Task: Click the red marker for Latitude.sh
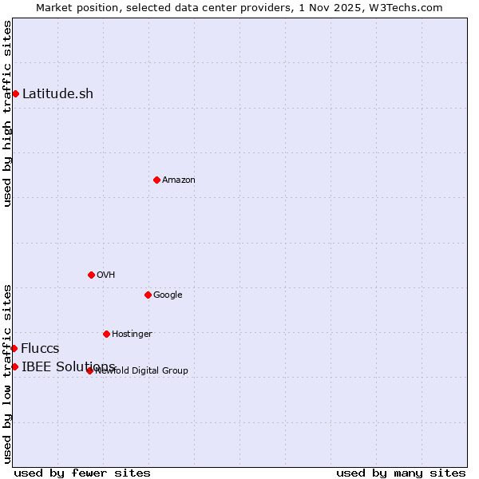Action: (15, 93)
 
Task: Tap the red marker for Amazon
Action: (156, 180)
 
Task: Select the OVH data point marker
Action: (91, 275)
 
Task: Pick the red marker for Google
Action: (148, 295)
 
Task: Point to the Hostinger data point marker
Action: (106, 334)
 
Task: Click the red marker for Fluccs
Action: (14, 348)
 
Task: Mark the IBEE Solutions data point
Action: (14, 366)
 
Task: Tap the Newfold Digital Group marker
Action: (89, 370)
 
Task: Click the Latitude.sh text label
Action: (57, 93)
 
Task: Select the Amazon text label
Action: (179, 180)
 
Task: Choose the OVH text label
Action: (106, 275)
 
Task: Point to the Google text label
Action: (168, 295)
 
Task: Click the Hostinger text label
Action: (132, 334)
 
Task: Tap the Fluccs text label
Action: (40, 348)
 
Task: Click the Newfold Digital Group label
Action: (142, 370)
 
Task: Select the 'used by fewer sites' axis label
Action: (82, 473)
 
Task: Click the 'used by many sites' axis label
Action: (401, 473)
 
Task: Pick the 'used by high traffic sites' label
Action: (7, 113)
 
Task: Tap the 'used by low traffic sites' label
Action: (7, 373)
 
